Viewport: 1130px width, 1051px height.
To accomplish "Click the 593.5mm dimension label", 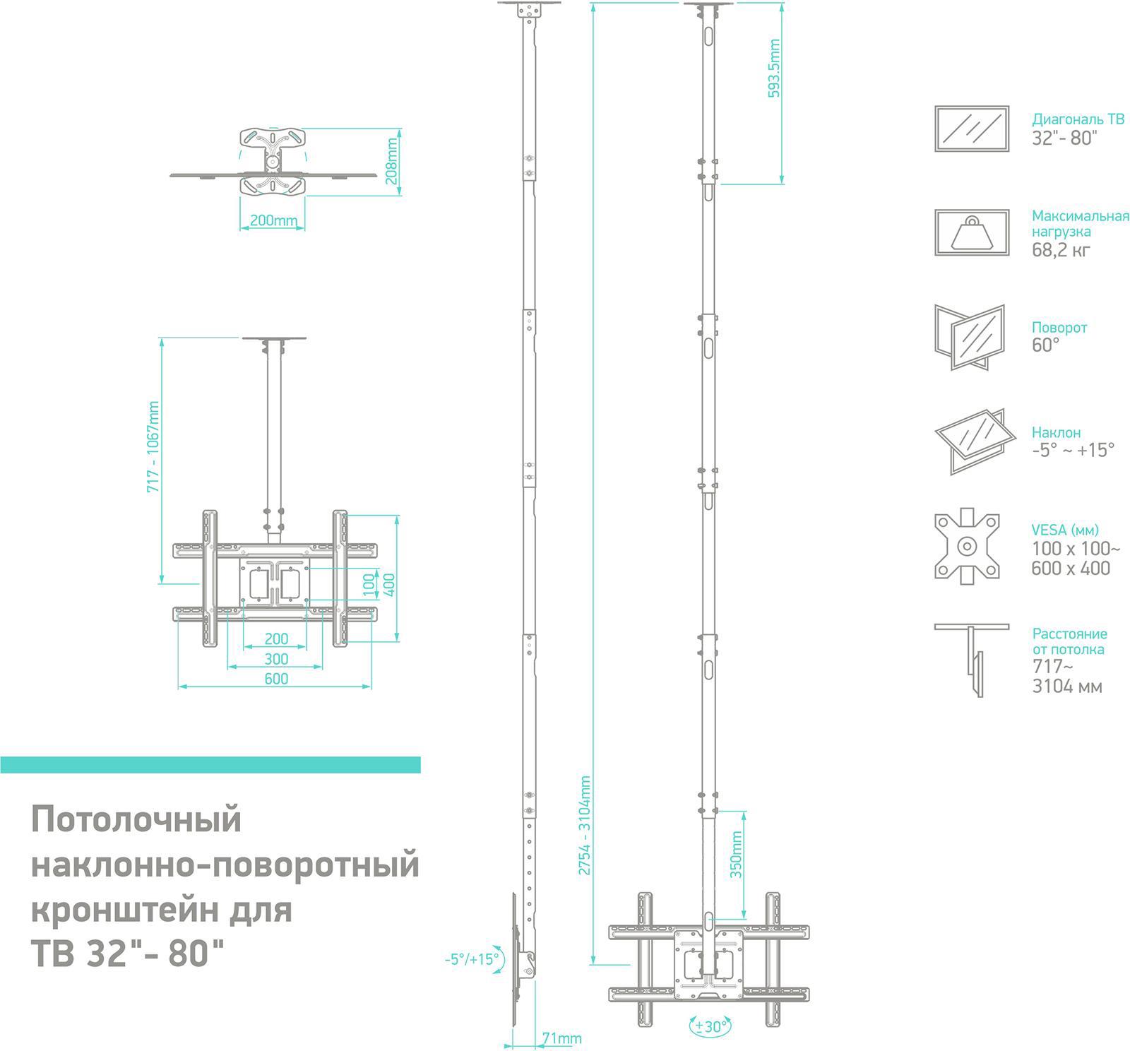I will [x=774, y=69].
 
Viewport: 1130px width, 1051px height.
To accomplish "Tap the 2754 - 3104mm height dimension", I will [x=585, y=825].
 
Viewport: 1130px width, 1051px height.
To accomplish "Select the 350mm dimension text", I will [x=736, y=854].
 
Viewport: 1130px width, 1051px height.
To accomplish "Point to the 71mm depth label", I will [x=561, y=1038].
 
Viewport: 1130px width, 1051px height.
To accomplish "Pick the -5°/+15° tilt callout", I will [x=471, y=959].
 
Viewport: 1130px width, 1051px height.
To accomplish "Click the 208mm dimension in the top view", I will [x=393, y=160].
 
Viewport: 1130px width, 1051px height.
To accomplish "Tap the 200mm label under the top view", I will [x=273, y=220].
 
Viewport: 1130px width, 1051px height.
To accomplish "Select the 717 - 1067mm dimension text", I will [x=153, y=446].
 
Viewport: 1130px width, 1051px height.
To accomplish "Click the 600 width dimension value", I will [x=276, y=679].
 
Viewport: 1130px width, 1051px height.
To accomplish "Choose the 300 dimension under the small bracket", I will [x=276, y=659].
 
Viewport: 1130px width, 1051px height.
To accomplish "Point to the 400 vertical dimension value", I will [x=389, y=584].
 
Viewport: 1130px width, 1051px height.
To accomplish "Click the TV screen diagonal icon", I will [x=971, y=129].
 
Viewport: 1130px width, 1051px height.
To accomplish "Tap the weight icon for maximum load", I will [x=971, y=232].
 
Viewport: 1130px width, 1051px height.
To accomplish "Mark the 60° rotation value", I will [x=1045, y=345].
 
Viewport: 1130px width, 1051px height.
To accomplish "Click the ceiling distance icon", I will [x=971, y=660].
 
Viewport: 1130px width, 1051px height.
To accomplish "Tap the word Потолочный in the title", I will [x=136, y=820].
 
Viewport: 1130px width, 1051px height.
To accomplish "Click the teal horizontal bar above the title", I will [x=210, y=765].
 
